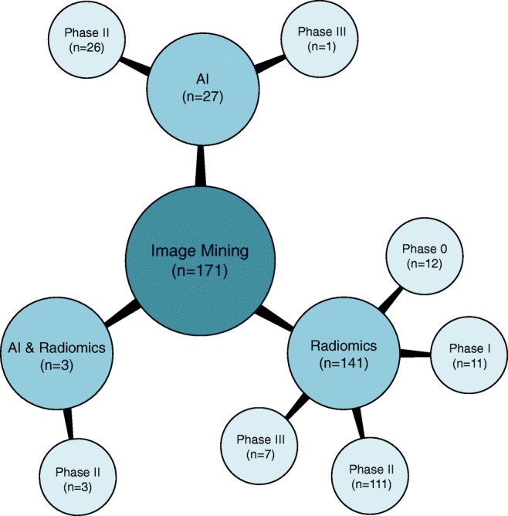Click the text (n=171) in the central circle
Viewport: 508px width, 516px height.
pos(201,271)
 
